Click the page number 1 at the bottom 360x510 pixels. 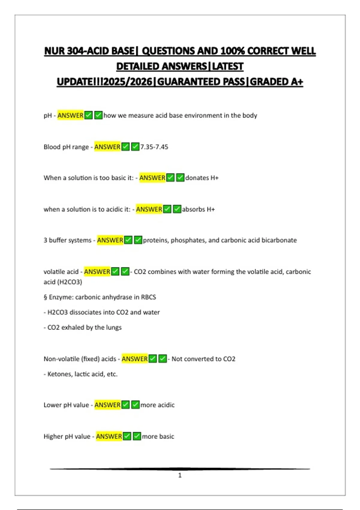180,475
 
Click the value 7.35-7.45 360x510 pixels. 154,147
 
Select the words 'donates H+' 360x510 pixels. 202,178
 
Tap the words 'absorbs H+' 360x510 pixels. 198,209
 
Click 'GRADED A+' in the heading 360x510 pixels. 277,82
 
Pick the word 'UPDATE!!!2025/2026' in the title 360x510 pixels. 105,82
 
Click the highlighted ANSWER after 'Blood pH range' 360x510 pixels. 107,147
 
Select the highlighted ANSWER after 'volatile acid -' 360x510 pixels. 97,272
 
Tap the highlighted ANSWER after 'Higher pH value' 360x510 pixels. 109,436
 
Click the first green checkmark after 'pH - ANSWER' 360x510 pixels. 88,115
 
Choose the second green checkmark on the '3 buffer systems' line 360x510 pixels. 138,240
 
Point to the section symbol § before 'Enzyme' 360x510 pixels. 45,297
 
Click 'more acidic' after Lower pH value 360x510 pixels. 157,405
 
